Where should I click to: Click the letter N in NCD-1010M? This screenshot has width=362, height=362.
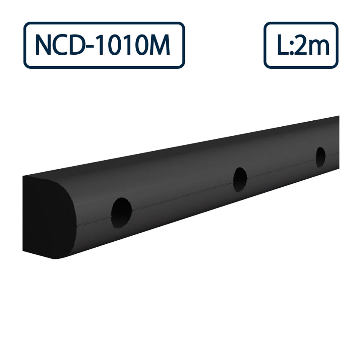pyautogui.click(x=44, y=45)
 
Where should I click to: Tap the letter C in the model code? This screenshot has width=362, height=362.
pyautogui.click(x=63, y=45)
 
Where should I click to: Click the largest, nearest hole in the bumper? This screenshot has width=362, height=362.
pyautogui.click(x=121, y=213)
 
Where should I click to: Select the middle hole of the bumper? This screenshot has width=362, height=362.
pyautogui.click(x=240, y=180)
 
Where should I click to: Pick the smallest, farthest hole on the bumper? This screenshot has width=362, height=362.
pyautogui.click(x=320, y=157)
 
